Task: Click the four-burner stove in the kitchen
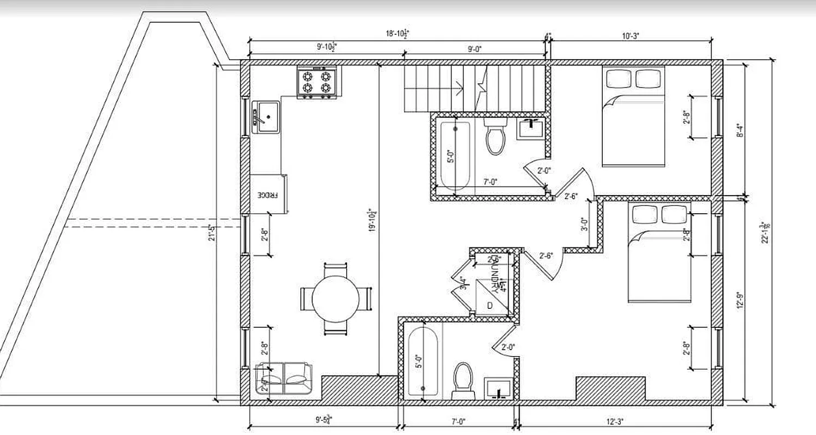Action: (x=317, y=82)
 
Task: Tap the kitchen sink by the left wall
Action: (x=266, y=116)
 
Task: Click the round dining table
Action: (x=335, y=298)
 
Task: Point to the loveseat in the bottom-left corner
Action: (x=284, y=378)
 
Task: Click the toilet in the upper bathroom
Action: (x=496, y=138)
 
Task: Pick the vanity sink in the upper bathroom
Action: (x=529, y=129)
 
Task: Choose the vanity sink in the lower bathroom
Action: (x=498, y=388)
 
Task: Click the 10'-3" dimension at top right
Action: (x=632, y=36)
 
